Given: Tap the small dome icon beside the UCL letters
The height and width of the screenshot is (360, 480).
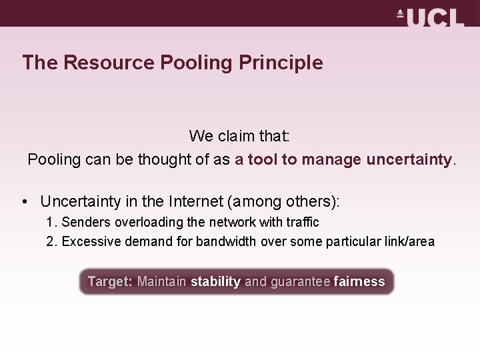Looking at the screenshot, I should pos(401,13).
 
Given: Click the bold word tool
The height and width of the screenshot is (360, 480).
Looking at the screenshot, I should pos(262,160).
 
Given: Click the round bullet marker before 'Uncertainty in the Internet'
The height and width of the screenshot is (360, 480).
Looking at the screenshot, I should pos(24,201).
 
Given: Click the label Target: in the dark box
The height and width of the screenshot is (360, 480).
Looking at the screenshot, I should pos(110,282).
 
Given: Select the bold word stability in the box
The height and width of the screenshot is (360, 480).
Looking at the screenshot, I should pos(215,282).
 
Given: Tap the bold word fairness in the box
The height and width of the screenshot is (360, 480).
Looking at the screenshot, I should pos(359,282).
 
